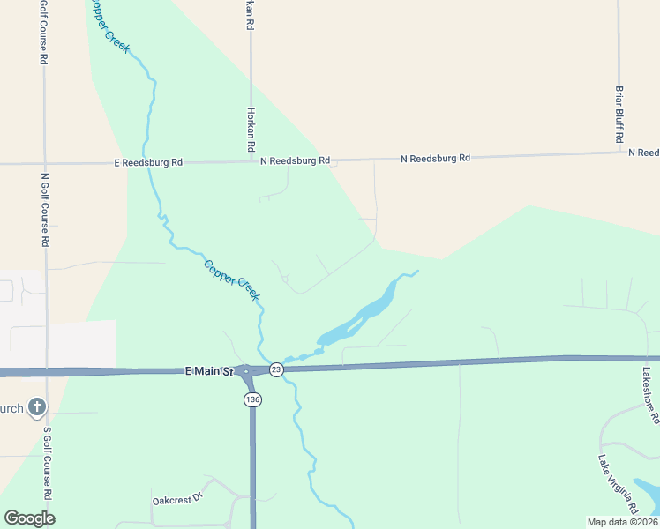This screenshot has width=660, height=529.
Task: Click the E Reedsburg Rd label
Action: (148, 162)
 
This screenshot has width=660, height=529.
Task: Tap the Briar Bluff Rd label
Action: (619, 115)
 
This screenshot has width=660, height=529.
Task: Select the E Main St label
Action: (208, 373)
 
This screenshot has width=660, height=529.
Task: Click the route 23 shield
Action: (276, 369)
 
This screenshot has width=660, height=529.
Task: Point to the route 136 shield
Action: (252, 399)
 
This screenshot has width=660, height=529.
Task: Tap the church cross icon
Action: (36, 407)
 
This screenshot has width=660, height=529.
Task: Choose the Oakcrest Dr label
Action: (177, 497)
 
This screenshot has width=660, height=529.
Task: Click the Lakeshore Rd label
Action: (651, 396)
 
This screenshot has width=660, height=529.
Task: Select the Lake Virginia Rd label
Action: (619, 485)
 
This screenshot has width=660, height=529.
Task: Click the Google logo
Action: (30, 518)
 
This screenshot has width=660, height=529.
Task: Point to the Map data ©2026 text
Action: (622, 522)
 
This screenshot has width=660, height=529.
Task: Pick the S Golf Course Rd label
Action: (47, 463)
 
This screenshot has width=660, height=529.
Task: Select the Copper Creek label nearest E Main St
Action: (231, 279)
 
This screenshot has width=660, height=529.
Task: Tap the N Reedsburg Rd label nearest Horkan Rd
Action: (295, 160)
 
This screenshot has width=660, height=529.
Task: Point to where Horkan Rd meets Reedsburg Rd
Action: (251, 161)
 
